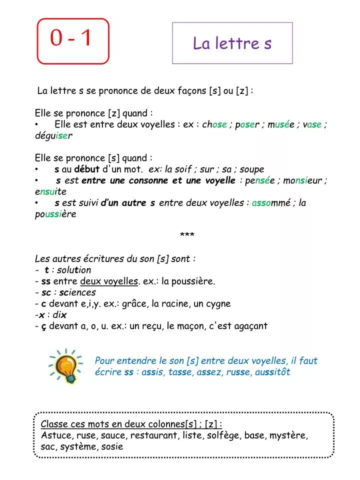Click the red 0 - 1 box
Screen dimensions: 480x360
point(73,41)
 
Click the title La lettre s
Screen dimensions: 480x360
point(232,43)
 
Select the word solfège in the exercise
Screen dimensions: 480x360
point(222,435)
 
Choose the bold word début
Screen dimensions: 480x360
point(87,169)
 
